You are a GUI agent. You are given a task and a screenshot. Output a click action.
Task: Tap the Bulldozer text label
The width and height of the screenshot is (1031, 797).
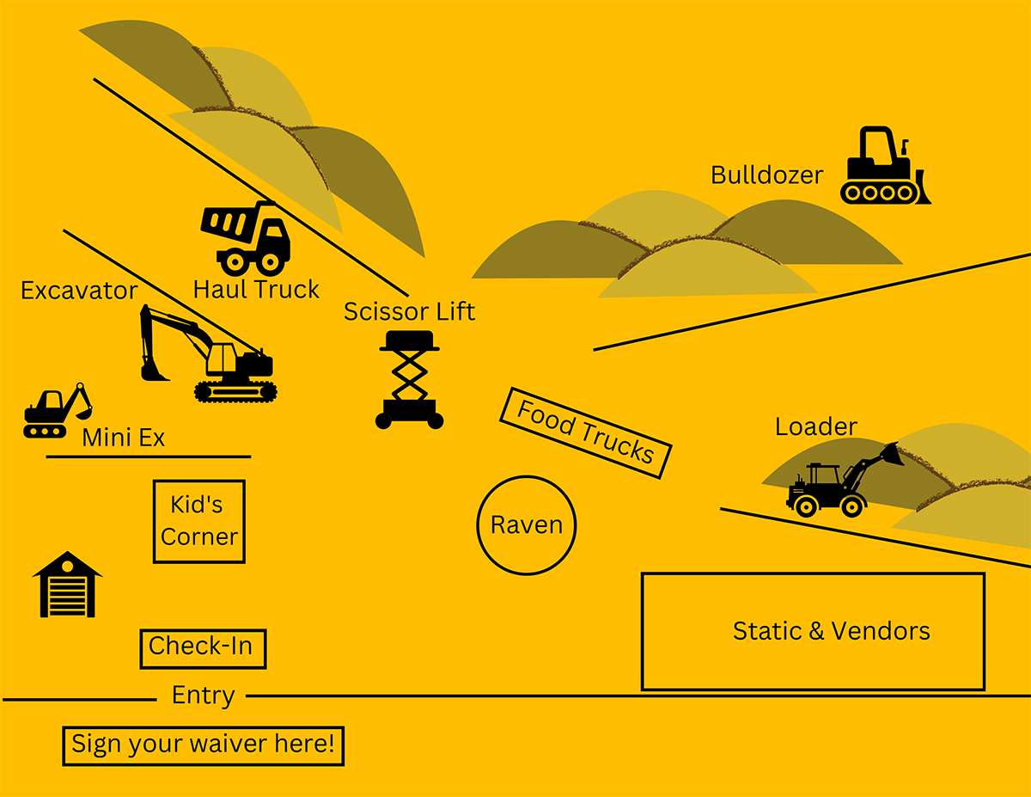tap(766, 175)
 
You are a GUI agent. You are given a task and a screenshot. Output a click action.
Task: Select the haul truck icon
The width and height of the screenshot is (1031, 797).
tap(246, 238)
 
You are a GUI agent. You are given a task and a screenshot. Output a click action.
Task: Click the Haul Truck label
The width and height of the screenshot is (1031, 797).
tap(256, 290)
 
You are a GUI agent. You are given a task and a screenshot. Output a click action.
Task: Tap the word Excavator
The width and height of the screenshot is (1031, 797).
tap(79, 291)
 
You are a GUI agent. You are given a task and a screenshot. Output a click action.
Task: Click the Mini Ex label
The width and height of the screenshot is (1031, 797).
tap(123, 438)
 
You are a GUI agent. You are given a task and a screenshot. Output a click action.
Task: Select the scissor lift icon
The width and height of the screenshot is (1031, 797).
tap(410, 379)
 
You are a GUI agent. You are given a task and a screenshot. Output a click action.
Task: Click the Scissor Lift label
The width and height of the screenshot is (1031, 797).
tap(409, 311)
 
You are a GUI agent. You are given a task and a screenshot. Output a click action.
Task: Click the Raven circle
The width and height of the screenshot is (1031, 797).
tap(527, 525)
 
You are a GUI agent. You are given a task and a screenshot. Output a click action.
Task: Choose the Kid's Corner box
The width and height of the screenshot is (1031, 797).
tap(199, 522)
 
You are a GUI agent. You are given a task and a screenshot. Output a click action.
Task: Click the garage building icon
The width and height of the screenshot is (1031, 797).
tap(67, 585)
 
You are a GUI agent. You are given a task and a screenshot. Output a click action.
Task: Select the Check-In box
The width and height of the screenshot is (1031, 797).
tap(203, 648)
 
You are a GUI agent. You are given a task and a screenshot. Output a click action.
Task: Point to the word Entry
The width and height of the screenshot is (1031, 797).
tap(203, 696)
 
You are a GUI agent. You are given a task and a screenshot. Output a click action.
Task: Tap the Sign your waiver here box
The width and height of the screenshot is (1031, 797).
tap(203, 745)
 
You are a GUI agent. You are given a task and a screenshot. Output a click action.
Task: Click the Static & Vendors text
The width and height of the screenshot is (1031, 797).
tap(831, 631)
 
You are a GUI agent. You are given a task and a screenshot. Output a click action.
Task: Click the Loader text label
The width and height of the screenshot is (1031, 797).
tap(815, 426)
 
